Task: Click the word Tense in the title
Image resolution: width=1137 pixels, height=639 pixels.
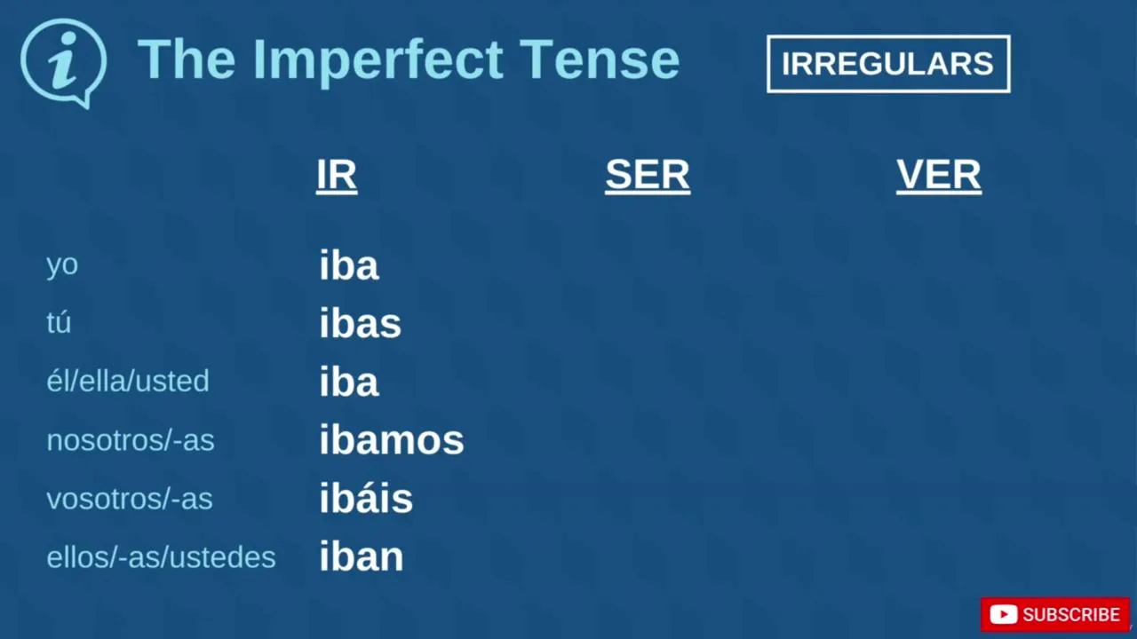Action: [599, 59]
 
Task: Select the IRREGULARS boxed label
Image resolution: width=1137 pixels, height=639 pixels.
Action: [888, 64]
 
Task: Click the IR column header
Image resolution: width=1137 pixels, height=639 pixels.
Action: [337, 176]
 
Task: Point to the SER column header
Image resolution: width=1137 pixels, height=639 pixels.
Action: [648, 176]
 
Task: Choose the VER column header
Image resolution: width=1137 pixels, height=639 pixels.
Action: [939, 176]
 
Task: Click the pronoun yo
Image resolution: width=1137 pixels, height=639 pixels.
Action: [62, 265]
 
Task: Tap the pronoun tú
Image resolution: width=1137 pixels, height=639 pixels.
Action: [59, 322]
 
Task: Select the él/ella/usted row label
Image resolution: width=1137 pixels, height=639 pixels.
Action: [127, 381]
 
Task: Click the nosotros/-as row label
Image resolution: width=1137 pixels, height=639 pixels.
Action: [131, 439]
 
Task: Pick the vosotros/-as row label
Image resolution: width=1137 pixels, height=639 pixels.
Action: [130, 499]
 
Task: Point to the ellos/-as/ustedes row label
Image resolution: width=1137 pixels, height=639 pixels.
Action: [161, 556]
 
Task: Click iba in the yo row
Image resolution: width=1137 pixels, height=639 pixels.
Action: [349, 264]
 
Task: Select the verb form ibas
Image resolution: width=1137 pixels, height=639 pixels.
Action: [360, 322]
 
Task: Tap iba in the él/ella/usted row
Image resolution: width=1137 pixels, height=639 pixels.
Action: [349, 381]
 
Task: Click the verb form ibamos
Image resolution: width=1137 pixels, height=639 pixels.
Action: [392, 439]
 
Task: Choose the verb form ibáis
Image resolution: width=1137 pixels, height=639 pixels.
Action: [366, 498]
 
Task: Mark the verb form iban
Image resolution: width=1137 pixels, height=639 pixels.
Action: [362, 556]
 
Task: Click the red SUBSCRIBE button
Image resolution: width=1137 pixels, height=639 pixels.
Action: [1055, 615]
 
